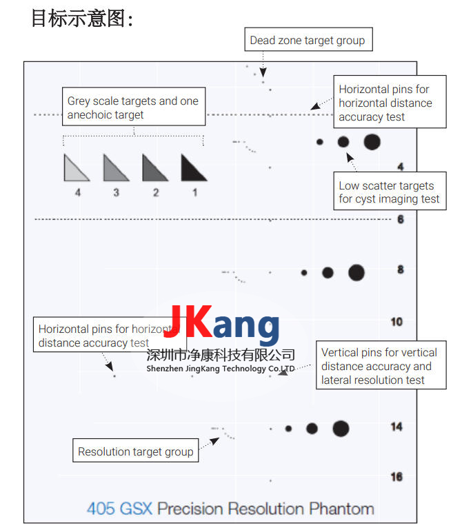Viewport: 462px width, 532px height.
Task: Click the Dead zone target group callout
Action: point(308,40)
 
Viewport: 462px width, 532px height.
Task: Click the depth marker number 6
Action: point(400,219)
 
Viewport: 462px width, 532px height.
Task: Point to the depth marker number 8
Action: point(400,269)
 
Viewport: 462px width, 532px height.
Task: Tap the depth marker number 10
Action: point(396,322)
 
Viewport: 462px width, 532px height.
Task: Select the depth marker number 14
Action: point(396,427)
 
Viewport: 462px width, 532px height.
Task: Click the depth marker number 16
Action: point(396,477)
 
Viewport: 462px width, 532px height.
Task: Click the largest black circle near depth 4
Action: point(372,142)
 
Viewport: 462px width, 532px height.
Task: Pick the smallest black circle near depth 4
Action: point(319,142)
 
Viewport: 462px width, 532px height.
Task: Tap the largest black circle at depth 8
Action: point(356,272)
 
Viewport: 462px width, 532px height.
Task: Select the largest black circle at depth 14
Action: point(341,428)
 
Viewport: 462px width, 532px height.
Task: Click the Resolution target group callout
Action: point(135,452)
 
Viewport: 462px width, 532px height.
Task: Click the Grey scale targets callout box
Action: point(133,108)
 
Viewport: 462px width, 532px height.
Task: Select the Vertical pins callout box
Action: point(379,366)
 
